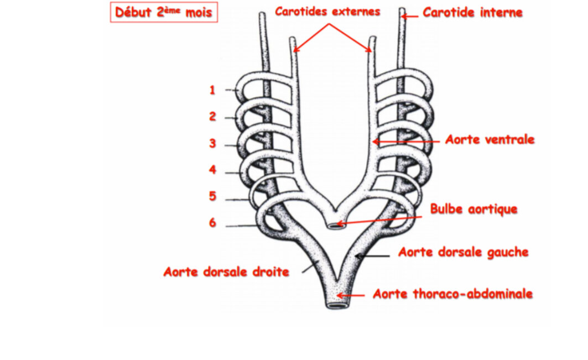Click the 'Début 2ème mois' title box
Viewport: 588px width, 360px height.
pyautogui.click(x=164, y=12)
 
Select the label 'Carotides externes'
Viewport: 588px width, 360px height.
pyautogui.click(x=327, y=12)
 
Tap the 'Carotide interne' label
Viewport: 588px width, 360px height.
pyautogui.click(x=472, y=12)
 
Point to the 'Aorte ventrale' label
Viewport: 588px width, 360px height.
pyautogui.click(x=490, y=139)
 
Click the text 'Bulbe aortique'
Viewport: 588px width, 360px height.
pyautogui.click(x=473, y=209)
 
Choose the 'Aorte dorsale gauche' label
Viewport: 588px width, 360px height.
pyautogui.click(x=463, y=252)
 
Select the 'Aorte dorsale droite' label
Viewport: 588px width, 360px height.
pyautogui.click(x=226, y=272)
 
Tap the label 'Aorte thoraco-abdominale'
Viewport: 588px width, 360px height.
pyautogui.click(x=452, y=294)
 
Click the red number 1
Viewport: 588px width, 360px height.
pyautogui.click(x=212, y=90)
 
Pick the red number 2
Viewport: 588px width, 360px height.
pyautogui.click(x=212, y=117)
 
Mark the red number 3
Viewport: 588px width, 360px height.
pyautogui.click(x=212, y=144)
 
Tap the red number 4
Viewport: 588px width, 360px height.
pyautogui.click(x=212, y=170)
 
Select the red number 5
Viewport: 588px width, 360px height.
pyautogui.click(x=212, y=196)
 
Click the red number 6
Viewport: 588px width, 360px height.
pyautogui.click(x=212, y=223)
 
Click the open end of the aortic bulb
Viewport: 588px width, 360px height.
pyautogui.click(x=336, y=225)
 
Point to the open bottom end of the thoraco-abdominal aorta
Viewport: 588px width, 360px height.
pyautogui.click(x=335, y=304)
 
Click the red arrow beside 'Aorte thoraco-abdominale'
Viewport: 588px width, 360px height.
pyautogui.click(x=354, y=295)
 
